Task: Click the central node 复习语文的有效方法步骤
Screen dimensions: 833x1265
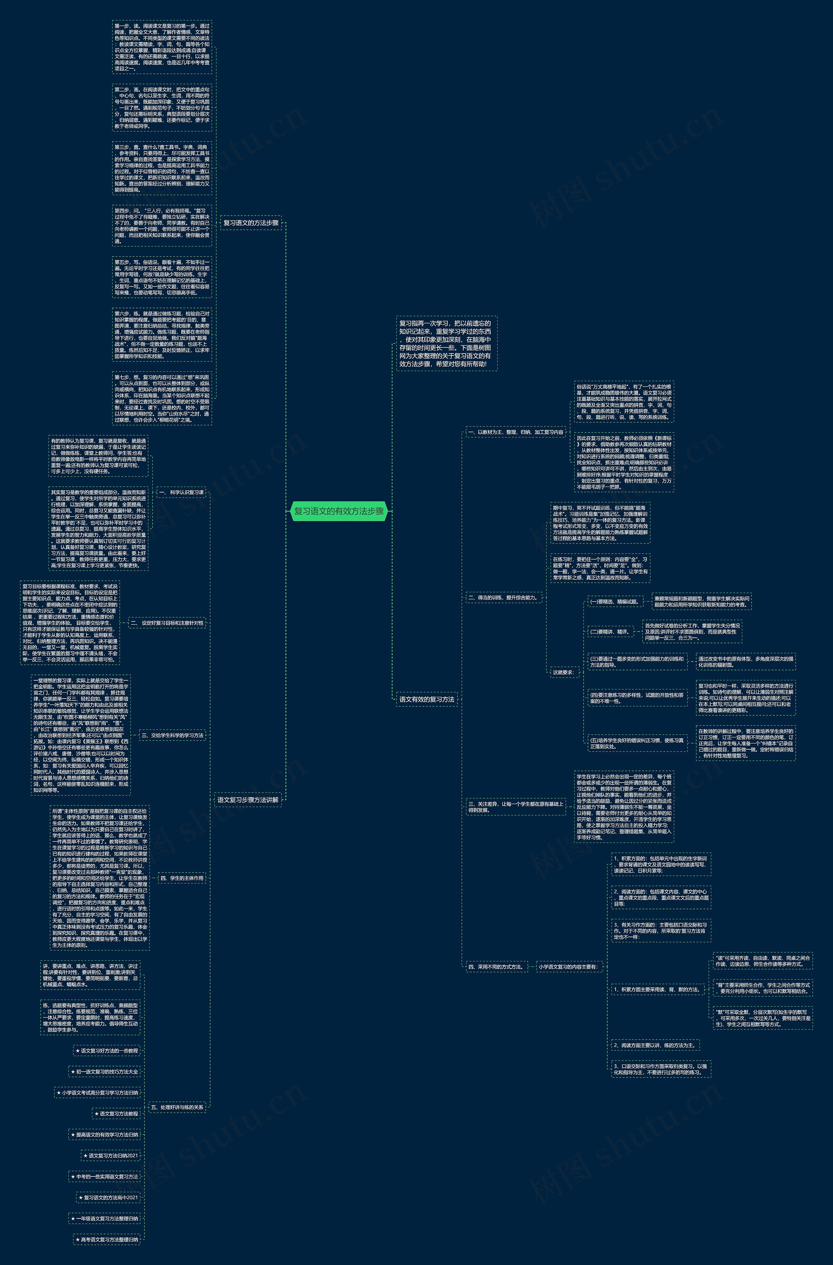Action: [339, 511]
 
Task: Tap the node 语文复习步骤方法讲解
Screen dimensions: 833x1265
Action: [248, 799]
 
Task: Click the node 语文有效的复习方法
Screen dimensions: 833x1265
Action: [427, 700]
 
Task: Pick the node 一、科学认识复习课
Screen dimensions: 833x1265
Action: [181, 493]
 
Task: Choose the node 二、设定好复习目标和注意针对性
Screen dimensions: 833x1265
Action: [167, 623]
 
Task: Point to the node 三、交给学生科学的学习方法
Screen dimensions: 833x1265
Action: [173, 736]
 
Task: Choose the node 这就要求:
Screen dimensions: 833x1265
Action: [563, 672]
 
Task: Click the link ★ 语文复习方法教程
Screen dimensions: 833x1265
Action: [116, 1114]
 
